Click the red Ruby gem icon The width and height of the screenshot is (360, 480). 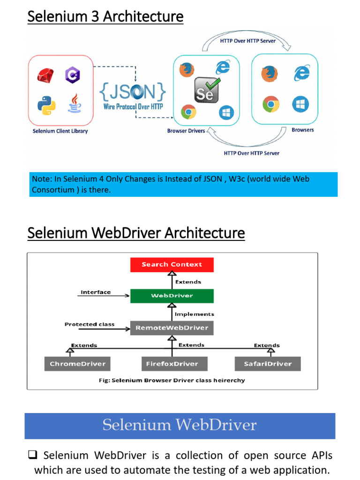(x=46, y=74)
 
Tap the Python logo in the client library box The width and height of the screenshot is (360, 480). (x=46, y=105)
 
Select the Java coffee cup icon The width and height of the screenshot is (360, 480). (x=74, y=103)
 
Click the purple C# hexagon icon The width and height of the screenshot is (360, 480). (x=73, y=75)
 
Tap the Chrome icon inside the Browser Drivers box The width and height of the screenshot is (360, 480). (x=188, y=112)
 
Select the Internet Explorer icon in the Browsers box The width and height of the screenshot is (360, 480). (x=301, y=73)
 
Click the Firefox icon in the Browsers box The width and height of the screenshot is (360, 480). (x=269, y=73)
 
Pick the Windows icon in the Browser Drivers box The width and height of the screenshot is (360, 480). (x=226, y=112)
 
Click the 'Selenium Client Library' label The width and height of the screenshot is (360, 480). (x=60, y=131)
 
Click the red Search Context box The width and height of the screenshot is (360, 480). (x=172, y=264)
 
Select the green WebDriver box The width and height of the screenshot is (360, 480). (x=172, y=296)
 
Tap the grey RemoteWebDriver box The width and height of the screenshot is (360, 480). (x=172, y=328)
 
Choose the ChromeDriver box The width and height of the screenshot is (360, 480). (x=78, y=364)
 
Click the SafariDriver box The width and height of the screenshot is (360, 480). (x=268, y=364)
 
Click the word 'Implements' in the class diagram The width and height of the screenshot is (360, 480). (x=195, y=314)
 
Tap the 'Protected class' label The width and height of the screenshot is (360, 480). (x=90, y=324)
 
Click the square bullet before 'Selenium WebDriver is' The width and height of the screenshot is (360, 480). (x=33, y=455)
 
